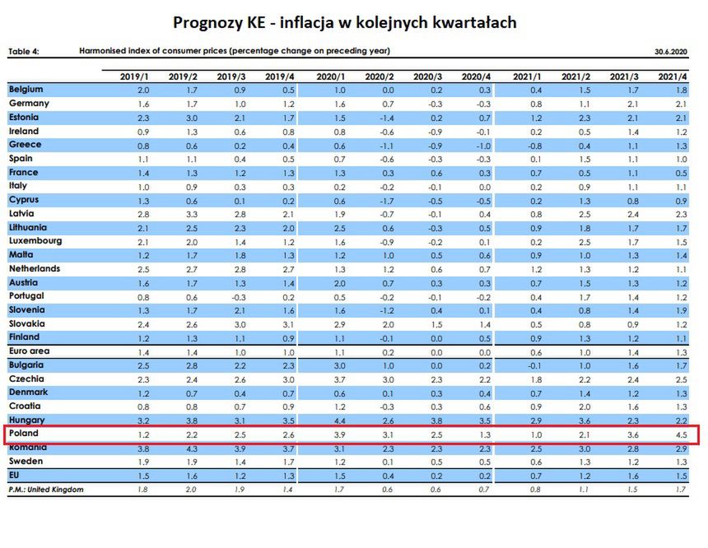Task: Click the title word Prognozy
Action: point(212,22)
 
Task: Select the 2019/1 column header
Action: point(134,77)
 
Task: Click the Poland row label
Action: point(24,434)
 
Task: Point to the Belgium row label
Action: point(26,89)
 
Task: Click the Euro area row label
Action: point(29,351)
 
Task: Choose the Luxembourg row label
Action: point(35,241)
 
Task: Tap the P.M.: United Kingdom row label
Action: point(46,490)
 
